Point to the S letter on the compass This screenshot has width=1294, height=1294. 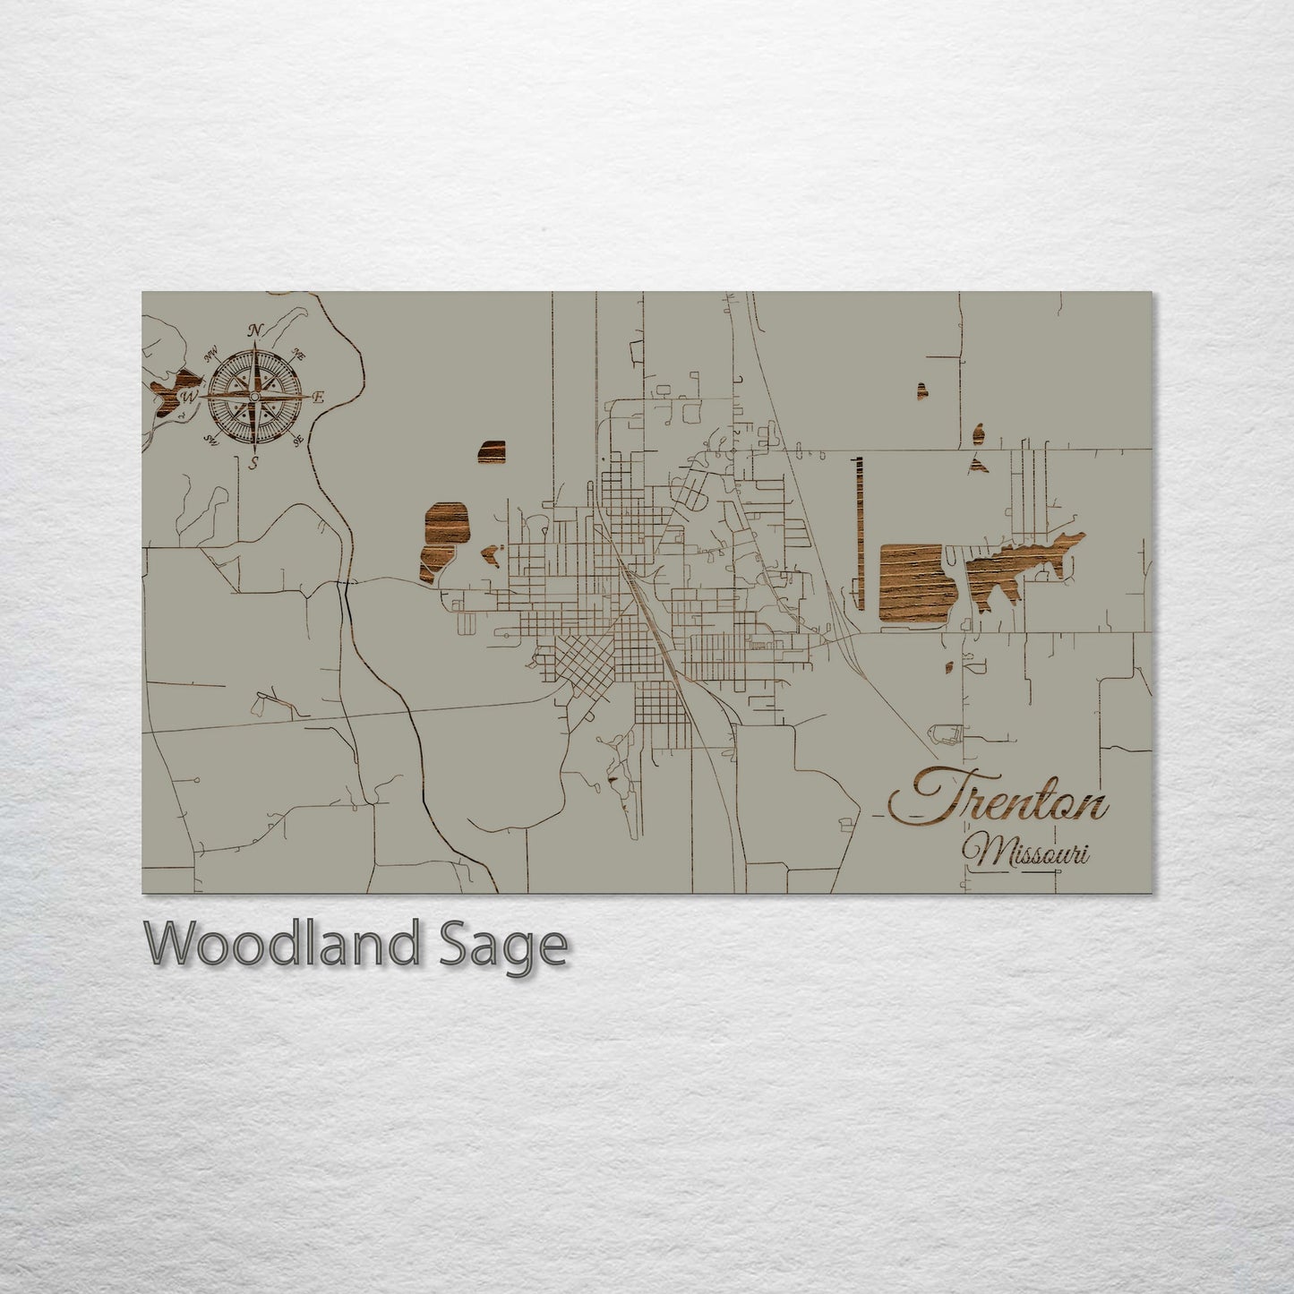point(254,463)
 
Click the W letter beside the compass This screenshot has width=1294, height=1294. point(190,396)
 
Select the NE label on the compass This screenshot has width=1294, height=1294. point(299,355)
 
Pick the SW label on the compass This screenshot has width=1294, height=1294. point(212,439)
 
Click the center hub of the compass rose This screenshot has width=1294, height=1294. point(254,396)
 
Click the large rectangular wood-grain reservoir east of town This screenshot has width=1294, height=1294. point(911,583)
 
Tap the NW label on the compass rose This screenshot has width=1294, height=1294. point(213,355)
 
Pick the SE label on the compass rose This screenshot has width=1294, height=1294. point(298,438)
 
